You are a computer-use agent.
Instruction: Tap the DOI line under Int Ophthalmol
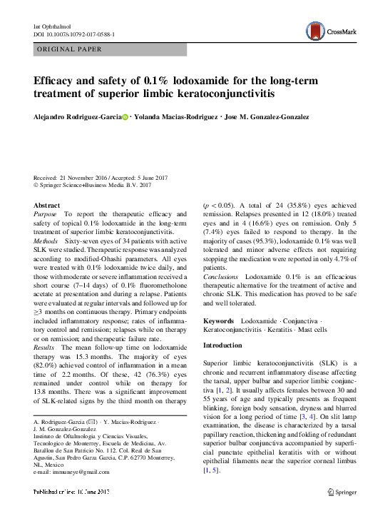coord(75,34)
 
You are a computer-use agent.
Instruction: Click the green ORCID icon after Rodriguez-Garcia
coord(126,117)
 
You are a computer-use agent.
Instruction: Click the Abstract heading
coord(47,204)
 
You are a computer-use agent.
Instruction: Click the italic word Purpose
coord(45,213)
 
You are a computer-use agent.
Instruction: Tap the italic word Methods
coord(46,242)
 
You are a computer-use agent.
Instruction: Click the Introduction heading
coord(223,345)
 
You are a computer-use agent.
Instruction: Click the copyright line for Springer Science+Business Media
coord(93,186)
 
